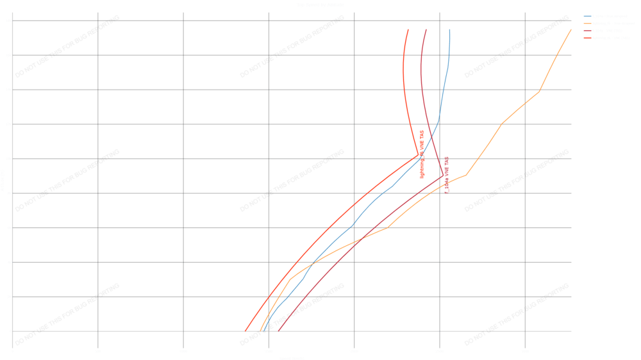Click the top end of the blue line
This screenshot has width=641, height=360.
click(x=449, y=29)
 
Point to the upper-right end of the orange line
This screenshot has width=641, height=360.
click(x=570, y=29)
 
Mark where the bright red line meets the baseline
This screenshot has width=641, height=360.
click(x=245, y=331)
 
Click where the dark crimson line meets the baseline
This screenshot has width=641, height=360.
click(x=278, y=331)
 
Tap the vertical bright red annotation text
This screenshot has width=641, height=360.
click(x=422, y=154)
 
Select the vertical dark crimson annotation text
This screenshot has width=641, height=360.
click(x=446, y=174)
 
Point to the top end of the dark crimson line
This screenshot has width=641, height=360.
click(x=426, y=29)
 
